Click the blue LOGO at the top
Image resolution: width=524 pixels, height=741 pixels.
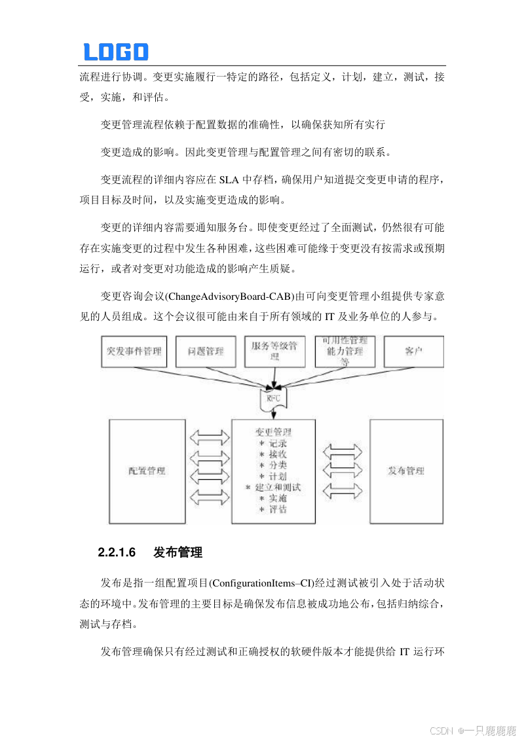click(x=115, y=52)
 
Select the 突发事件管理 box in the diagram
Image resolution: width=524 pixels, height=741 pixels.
click(x=134, y=352)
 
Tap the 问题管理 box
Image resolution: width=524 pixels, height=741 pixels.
click(x=205, y=352)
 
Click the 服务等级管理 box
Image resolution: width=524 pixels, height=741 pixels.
click(x=274, y=352)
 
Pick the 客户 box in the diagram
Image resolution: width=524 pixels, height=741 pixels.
click(x=413, y=352)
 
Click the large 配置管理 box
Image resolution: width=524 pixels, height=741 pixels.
click(x=147, y=471)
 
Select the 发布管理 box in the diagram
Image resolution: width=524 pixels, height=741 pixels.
click(x=406, y=471)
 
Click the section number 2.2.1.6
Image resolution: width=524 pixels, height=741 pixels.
click(x=117, y=552)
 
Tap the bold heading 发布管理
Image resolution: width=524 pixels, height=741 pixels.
click(x=178, y=552)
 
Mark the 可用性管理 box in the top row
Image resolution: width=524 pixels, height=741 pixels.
click(x=345, y=352)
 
